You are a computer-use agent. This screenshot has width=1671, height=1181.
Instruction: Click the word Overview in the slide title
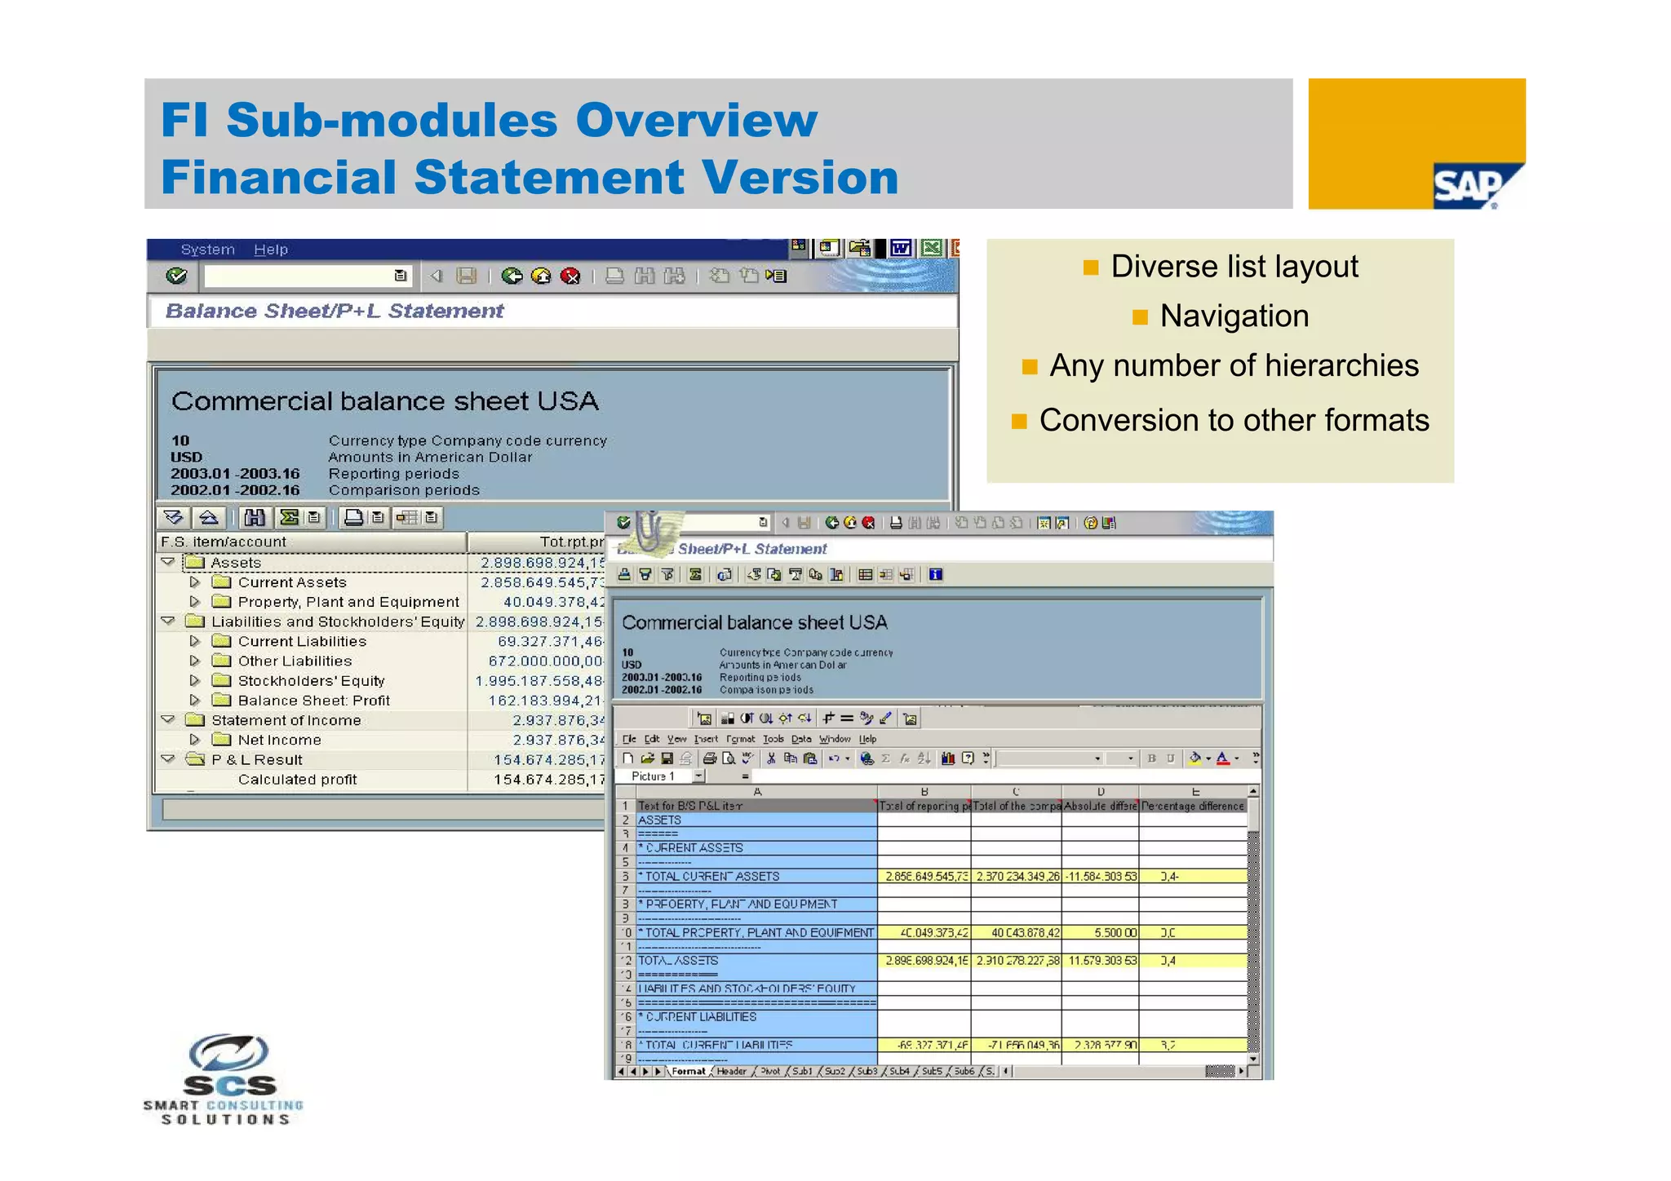pyautogui.click(x=696, y=120)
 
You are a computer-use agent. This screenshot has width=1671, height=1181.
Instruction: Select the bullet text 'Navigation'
pyautogui.click(x=1234, y=316)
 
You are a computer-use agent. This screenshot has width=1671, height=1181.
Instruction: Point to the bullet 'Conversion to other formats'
pyautogui.click(x=1234, y=421)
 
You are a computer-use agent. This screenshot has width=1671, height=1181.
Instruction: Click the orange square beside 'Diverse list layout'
pyautogui.click(x=1091, y=268)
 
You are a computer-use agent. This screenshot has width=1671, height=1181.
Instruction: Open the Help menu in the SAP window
pyautogui.click(x=270, y=250)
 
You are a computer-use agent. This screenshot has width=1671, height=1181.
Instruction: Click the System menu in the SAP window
pyautogui.click(x=207, y=250)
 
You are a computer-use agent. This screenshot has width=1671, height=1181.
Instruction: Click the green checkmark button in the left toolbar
pyautogui.click(x=176, y=276)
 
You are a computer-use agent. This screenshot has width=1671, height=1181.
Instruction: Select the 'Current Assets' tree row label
pyautogui.click(x=292, y=582)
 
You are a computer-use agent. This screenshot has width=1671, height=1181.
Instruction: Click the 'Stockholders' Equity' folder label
pyautogui.click(x=311, y=681)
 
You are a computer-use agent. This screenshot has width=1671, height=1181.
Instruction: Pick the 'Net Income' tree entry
pyautogui.click(x=279, y=740)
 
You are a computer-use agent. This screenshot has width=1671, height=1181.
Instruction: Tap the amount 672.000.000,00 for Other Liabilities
pyautogui.click(x=546, y=661)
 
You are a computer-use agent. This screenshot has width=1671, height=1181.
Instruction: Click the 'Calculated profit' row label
pyautogui.click(x=297, y=780)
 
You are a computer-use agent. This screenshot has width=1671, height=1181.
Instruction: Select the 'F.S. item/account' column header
pyautogui.click(x=224, y=542)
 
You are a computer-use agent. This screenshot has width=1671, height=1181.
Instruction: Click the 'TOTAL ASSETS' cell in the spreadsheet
pyautogui.click(x=678, y=961)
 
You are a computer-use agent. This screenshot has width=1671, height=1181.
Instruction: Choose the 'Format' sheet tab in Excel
pyautogui.click(x=689, y=1072)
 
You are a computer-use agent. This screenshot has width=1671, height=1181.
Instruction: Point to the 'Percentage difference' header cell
pyautogui.click(x=1192, y=806)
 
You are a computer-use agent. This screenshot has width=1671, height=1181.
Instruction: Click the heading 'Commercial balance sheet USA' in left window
pyautogui.click(x=384, y=401)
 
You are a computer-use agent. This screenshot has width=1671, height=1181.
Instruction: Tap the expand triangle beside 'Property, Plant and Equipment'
pyautogui.click(x=194, y=602)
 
